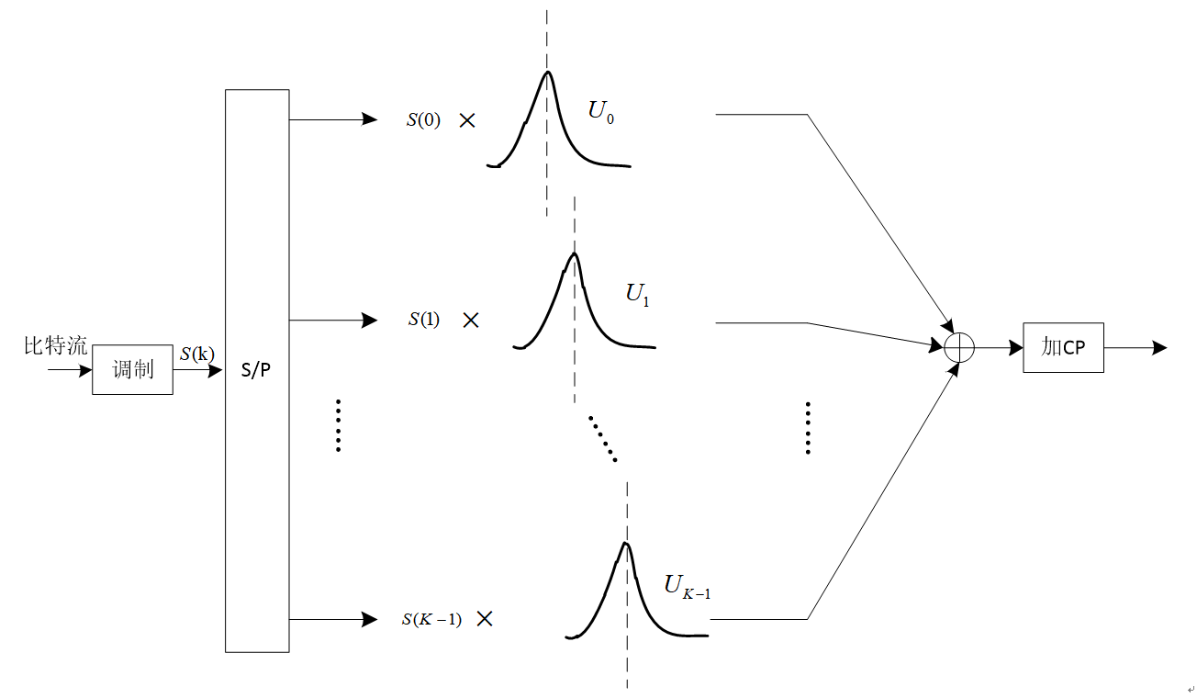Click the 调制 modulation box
coord(132,369)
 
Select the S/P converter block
coord(257,371)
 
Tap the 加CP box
coord(1063,347)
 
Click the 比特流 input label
coord(56,346)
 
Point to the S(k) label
coord(197,353)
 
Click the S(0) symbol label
coord(423,119)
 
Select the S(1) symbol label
coord(424,320)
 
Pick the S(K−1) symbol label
coord(431,619)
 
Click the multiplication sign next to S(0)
coord(467,119)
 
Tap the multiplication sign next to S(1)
coord(471,320)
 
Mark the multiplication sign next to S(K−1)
coord(485,619)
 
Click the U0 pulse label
coord(601,113)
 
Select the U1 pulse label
coord(638,295)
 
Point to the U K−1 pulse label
coord(688,587)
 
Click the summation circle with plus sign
coord(959,347)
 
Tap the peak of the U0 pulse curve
coord(548,72)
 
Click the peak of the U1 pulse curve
coord(574,253)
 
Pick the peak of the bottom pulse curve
coord(626,543)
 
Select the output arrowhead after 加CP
coord(1160,347)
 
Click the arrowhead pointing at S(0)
coord(370,119)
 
